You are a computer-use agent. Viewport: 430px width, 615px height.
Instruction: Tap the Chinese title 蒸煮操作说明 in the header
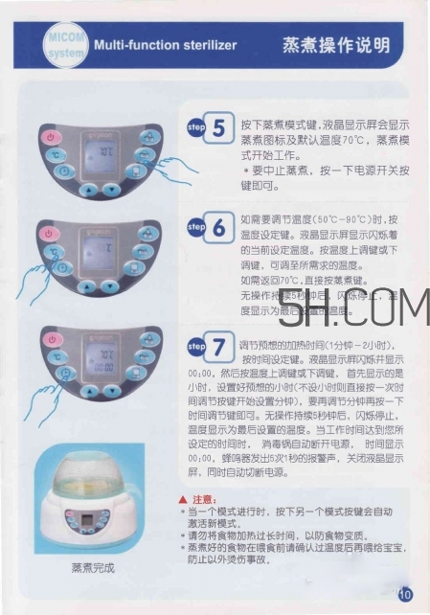[334, 45]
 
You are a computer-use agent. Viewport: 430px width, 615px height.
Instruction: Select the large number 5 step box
[219, 128]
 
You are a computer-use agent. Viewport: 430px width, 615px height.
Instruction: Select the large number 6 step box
[219, 228]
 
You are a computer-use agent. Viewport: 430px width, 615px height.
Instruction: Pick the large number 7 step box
[219, 346]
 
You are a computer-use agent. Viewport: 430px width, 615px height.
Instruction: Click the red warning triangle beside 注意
[183, 500]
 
